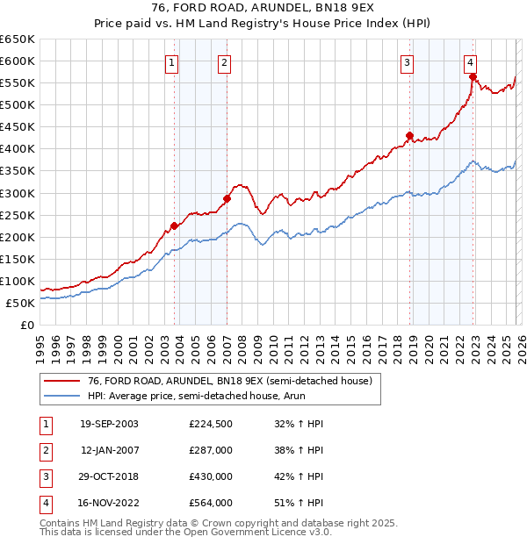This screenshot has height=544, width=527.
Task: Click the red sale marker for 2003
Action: coord(175,225)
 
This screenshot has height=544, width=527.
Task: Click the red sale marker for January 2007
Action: coord(227,198)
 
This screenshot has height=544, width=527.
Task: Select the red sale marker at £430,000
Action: coord(409,135)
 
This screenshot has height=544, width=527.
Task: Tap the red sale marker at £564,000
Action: coord(473,76)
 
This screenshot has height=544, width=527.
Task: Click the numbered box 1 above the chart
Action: coord(171,62)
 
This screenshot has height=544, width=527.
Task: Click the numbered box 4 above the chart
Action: coord(471,62)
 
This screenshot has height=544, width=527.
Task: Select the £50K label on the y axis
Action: coord(21,303)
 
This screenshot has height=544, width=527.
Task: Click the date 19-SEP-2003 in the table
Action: coord(109,424)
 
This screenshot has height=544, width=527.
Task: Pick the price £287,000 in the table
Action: coord(211,450)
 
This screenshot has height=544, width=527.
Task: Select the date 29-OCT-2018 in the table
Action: coord(109,476)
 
